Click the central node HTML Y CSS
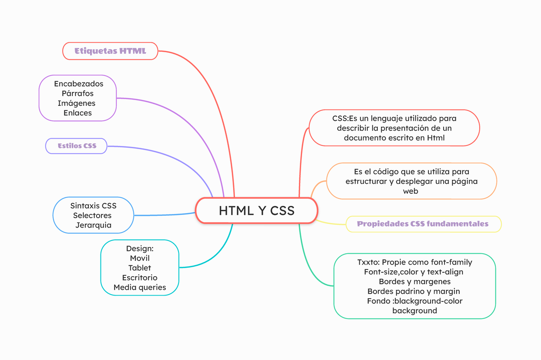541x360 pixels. click(x=257, y=210)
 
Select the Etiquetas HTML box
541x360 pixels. click(x=110, y=51)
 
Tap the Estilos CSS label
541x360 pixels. click(x=77, y=146)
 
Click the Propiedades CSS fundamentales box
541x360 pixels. click(x=423, y=224)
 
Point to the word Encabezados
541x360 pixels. click(x=78, y=84)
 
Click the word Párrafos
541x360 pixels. click(x=78, y=94)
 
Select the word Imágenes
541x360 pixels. click(x=77, y=103)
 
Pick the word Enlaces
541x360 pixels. click(x=78, y=113)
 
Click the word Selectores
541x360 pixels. click(x=92, y=215)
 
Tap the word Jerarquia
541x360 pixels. click(x=93, y=225)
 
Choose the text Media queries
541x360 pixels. click(x=140, y=287)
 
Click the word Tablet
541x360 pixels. click(x=140, y=268)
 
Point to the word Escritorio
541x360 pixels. click(x=140, y=278)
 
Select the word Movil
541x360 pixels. click(x=140, y=258)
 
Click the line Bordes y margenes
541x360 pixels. click(x=415, y=282)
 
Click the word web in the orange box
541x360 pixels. click(x=411, y=191)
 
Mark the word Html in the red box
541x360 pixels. click(x=436, y=138)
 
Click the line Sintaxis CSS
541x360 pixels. click(x=93, y=206)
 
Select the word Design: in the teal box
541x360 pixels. click(x=140, y=249)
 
